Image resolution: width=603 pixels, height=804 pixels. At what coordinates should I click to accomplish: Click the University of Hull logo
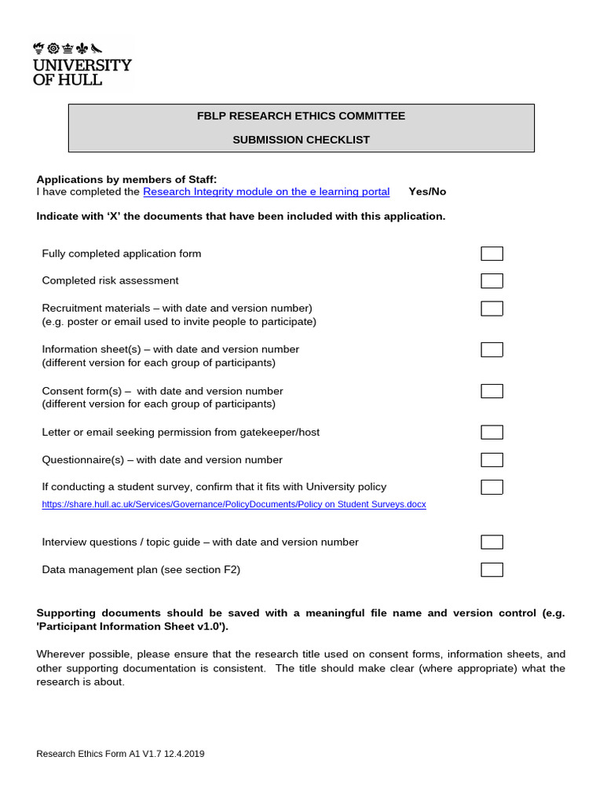point(82,64)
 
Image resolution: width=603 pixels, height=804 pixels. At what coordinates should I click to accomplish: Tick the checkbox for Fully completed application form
point(492,254)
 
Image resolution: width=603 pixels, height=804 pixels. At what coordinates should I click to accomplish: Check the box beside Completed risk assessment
point(492,281)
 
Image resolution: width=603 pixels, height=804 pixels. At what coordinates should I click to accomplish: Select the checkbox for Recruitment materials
point(492,309)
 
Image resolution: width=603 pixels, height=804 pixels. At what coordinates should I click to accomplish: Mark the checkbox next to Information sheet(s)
point(492,349)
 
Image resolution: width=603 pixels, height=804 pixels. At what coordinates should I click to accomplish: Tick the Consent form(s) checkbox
point(492,391)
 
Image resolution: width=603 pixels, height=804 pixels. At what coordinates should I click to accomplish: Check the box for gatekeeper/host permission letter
point(492,432)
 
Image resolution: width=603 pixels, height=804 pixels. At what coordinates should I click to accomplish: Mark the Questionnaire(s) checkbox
point(492,459)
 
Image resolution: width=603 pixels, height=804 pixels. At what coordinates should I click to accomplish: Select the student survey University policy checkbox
point(492,487)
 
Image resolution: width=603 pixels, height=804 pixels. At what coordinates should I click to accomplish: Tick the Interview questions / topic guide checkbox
point(492,542)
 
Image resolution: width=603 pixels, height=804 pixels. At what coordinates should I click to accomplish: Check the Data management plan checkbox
point(492,569)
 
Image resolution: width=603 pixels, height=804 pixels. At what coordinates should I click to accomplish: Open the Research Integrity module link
point(266,192)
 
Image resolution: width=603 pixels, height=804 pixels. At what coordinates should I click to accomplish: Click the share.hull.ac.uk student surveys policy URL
point(234,504)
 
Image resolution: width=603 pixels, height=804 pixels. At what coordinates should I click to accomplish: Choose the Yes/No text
point(427,192)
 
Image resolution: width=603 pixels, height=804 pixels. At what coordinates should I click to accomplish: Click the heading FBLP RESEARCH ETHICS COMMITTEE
point(301,116)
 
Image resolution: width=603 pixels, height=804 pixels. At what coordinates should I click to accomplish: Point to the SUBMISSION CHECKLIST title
point(301,140)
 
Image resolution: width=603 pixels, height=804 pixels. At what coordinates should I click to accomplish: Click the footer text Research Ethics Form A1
point(120,754)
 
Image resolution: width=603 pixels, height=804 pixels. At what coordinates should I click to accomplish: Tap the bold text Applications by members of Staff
point(126,179)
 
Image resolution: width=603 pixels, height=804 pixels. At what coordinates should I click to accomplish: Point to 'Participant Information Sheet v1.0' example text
point(132,627)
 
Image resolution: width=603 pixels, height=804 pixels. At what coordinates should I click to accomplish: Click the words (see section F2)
point(200,569)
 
